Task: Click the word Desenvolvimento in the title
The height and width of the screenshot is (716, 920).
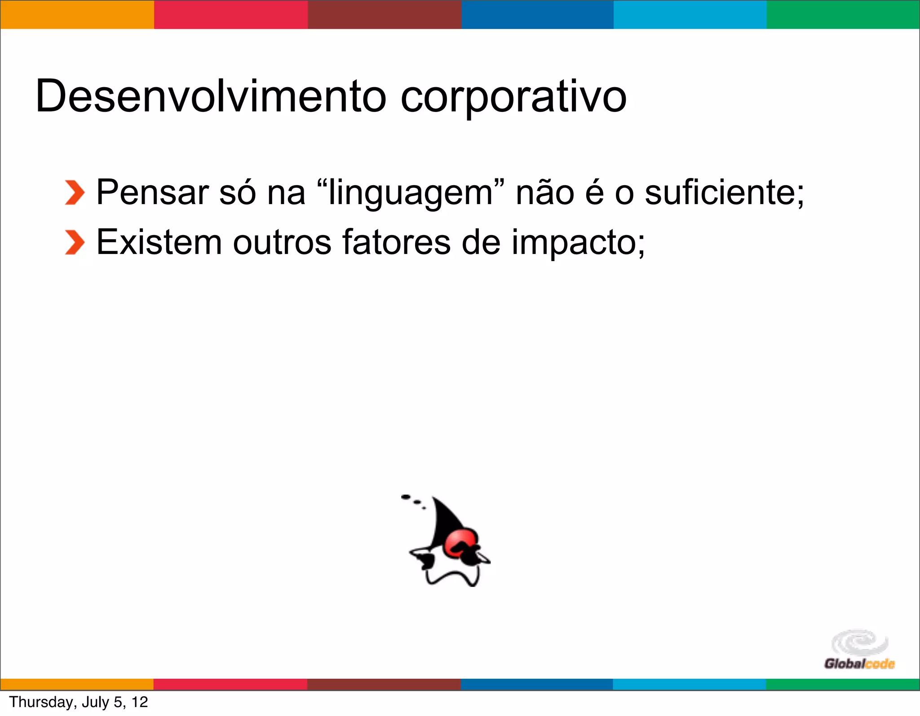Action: click(210, 96)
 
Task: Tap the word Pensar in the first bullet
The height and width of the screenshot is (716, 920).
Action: click(153, 192)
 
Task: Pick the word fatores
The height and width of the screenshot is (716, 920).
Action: click(396, 242)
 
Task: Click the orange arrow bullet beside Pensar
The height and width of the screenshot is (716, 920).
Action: click(75, 193)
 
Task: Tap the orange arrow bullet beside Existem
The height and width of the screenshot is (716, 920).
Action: click(75, 243)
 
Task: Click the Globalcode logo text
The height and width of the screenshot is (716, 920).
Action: click(859, 664)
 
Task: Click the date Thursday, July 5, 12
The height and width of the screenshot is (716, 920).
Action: click(79, 702)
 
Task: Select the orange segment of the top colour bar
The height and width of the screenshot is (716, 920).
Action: click(77, 15)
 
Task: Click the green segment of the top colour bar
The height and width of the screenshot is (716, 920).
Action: click(843, 15)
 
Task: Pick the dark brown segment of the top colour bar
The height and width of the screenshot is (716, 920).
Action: click(385, 15)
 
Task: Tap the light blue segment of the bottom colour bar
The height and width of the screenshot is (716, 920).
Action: click(689, 684)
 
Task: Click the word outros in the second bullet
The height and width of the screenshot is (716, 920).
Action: click(282, 242)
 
